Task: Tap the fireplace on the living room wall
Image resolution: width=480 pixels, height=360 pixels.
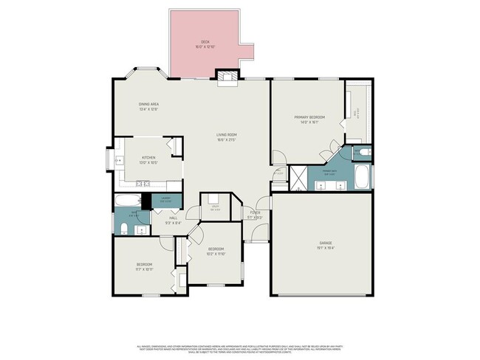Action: click(x=225, y=75)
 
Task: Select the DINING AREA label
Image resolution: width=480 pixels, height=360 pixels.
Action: click(x=148, y=104)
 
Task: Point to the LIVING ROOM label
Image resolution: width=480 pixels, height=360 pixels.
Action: click(x=226, y=134)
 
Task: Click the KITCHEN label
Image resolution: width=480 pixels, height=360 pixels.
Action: click(x=148, y=157)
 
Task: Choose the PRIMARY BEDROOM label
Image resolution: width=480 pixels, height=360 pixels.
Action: click(x=309, y=117)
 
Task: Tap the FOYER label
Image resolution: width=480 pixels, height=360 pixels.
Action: click(x=254, y=212)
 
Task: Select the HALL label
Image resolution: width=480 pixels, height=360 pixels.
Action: click(x=173, y=218)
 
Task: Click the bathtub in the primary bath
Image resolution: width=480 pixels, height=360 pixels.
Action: click(x=363, y=177)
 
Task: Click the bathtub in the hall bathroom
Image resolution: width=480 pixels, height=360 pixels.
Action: click(x=126, y=200)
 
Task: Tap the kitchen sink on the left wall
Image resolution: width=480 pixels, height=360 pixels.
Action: click(x=118, y=159)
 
